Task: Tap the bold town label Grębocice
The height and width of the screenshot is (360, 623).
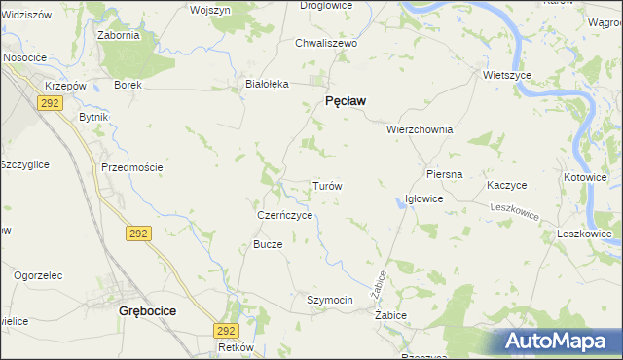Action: click(x=147, y=311)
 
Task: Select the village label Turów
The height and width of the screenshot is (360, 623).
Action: click(x=326, y=185)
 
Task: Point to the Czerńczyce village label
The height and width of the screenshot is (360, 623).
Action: click(x=284, y=215)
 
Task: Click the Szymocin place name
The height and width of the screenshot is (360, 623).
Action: click(x=329, y=300)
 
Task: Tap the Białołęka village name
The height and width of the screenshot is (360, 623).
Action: click(x=267, y=84)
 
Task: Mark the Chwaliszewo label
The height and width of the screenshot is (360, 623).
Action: click(x=327, y=44)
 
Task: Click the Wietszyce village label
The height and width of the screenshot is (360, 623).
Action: click(x=506, y=74)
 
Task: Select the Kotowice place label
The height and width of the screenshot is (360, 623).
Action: click(x=585, y=178)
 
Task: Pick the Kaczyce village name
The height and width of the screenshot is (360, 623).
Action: click(x=507, y=185)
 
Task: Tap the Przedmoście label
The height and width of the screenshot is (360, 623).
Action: click(x=131, y=167)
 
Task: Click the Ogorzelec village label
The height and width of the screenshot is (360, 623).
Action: click(x=39, y=275)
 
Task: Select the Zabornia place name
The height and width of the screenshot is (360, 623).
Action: click(x=119, y=35)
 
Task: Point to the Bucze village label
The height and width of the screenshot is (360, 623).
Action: click(x=268, y=244)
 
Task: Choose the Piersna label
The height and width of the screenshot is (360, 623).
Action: click(x=444, y=174)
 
